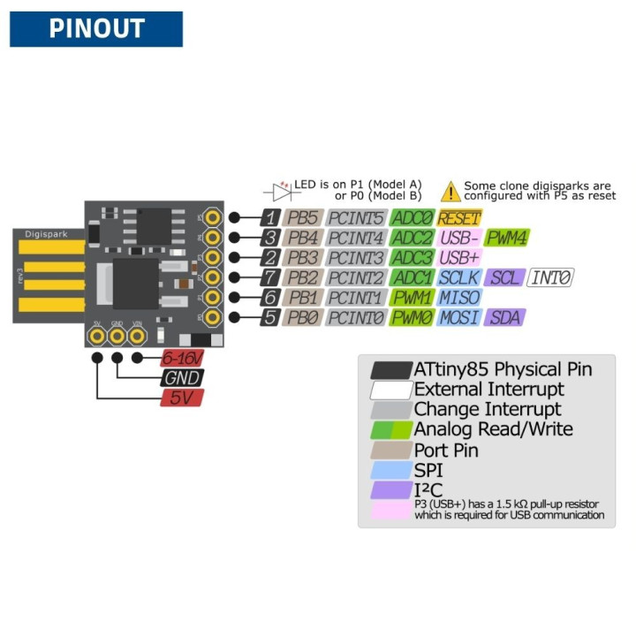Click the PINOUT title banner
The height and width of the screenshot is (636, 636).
(x=96, y=29)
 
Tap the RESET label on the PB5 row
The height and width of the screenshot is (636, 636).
(x=459, y=217)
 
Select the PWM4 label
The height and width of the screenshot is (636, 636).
(x=507, y=238)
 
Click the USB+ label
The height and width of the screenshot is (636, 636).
(x=459, y=258)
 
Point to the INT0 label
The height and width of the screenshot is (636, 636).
(x=550, y=278)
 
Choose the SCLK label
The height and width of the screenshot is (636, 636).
(x=459, y=278)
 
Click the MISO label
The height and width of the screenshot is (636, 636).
(x=459, y=298)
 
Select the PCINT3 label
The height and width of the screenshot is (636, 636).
(x=356, y=258)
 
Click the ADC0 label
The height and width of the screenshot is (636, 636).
(x=412, y=217)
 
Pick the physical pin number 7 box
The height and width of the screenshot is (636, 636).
(x=270, y=278)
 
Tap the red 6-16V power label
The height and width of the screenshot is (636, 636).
(x=181, y=358)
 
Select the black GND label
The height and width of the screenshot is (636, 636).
(x=181, y=378)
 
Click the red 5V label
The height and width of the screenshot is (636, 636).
(x=181, y=398)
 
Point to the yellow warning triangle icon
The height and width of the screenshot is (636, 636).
(x=451, y=191)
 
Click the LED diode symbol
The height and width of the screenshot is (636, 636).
(x=282, y=188)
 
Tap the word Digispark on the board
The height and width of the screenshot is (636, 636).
(x=46, y=236)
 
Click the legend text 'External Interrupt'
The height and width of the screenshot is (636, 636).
(x=488, y=390)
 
